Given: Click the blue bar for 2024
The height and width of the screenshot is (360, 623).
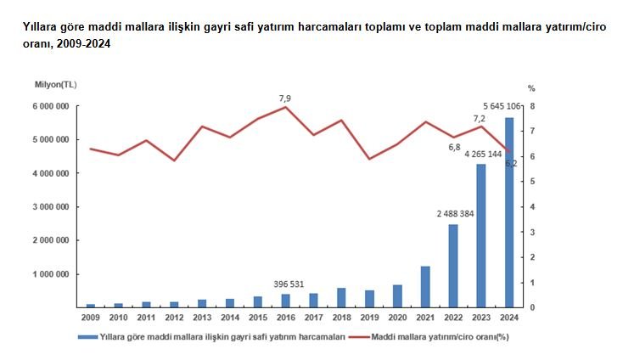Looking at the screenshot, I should click(x=509, y=212).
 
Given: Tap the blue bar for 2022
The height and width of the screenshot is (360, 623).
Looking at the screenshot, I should click(x=453, y=265).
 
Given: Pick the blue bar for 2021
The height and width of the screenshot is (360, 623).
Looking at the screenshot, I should click(x=425, y=286).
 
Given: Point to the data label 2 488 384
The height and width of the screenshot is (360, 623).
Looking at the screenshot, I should click(x=452, y=214).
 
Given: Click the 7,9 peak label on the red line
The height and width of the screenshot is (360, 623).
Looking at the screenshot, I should click(x=285, y=98).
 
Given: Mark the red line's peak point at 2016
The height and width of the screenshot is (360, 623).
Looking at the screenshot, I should click(x=286, y=107).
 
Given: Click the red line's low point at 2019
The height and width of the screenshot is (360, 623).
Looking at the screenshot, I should click(x=369, y=159).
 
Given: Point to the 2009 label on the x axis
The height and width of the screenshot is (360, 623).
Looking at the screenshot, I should click(x=91, y=317).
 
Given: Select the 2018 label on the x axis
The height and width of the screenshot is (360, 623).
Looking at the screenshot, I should click(x=341, y=317).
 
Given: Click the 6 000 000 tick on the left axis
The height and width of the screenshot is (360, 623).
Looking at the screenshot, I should click(x=51, y=106).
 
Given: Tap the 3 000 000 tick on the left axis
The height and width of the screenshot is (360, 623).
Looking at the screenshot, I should click(x=51, y=207).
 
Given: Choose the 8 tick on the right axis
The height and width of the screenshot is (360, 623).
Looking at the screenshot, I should click(x=532, y=106).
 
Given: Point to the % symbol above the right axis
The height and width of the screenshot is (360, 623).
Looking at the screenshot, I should click(x=531, y=87).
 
